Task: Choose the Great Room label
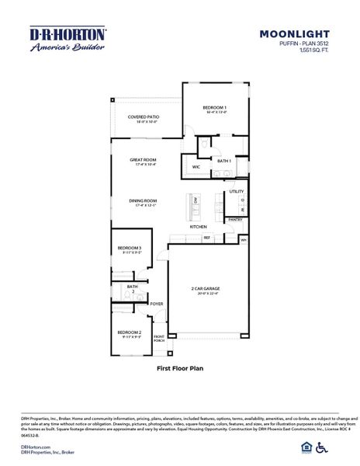144,161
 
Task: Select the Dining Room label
143,202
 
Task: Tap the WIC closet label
196,166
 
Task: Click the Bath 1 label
224,160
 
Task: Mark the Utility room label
237,191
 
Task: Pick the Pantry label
236,220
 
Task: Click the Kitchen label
199,227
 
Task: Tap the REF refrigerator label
207,238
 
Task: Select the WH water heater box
243,240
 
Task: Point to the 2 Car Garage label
206,290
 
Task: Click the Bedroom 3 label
130,249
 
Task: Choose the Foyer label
157,304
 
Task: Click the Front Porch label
159,338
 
